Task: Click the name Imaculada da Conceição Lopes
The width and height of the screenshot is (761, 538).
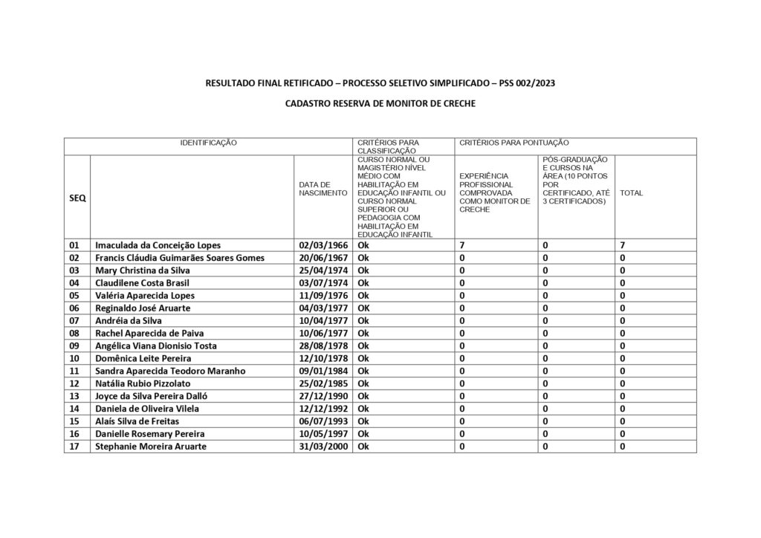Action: tap(158, 244)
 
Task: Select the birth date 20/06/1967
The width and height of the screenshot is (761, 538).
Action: tap(323, 257)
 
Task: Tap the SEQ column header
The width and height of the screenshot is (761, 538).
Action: tap(77, 198)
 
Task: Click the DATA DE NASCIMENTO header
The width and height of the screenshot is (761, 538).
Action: tap(323, 188)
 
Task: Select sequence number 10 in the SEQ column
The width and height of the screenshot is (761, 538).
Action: tap(74, 358)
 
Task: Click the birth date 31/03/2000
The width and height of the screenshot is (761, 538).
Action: tap(323, 447)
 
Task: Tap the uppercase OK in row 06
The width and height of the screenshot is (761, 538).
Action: tap(364, 308)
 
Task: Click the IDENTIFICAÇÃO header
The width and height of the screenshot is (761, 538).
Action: tap(208, 142)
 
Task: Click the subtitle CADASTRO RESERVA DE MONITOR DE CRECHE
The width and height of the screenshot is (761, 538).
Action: tap(380, 105)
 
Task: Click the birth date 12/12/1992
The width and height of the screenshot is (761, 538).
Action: tap(323, 409)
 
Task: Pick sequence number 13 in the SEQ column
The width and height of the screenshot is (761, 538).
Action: tap(74, 396)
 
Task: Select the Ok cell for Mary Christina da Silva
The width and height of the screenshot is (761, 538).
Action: tap(363, 270)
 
